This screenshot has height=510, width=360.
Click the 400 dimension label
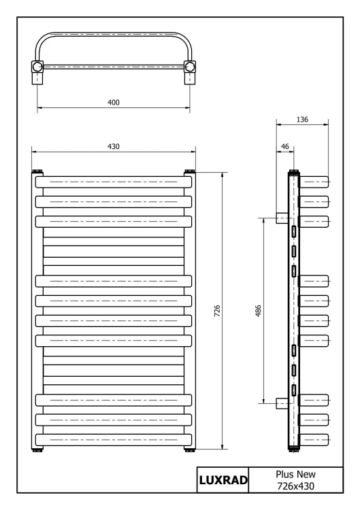click(113, 103)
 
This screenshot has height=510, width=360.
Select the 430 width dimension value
click(113, 146)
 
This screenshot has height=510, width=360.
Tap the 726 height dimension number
click(217, 311)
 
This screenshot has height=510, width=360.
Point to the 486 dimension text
click(258, 311)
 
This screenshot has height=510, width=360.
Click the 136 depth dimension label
click(302, 120)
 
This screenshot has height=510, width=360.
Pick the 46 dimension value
click(285, 147)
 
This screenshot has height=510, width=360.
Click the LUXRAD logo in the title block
click(223, 480)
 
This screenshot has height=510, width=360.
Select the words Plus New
click(295, 474)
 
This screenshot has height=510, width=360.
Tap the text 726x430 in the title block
click(295, 486)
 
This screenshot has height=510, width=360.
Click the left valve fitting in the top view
click(37, 72)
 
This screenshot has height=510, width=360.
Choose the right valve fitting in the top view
click(190, 72)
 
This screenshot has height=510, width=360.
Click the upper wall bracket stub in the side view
click(282, 218)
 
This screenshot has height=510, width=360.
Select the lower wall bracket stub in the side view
click(282, 403)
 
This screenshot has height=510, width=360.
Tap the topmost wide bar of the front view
click(113, 182)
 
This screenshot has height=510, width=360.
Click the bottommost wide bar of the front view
click(113, 440)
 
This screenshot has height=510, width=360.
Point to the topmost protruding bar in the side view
click(314, 182)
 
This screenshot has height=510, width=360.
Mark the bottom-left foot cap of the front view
click(37, 450)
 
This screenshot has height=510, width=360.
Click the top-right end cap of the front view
click(189, 171)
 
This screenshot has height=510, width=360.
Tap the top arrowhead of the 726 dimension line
click(223, 175)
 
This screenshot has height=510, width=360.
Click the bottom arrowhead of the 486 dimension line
click(263, 401)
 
